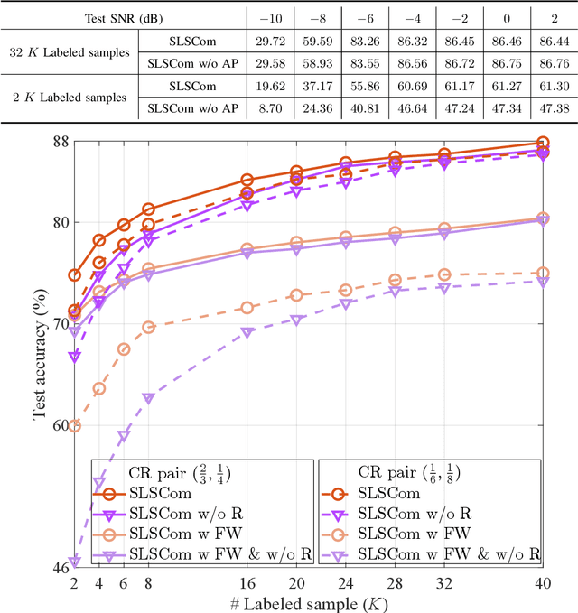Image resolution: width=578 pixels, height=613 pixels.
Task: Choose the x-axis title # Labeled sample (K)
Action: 308,601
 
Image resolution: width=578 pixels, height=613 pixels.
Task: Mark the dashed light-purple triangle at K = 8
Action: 149,399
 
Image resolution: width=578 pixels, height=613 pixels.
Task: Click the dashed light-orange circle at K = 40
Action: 542,273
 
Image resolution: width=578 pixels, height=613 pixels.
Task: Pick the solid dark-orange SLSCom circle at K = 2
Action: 75,275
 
